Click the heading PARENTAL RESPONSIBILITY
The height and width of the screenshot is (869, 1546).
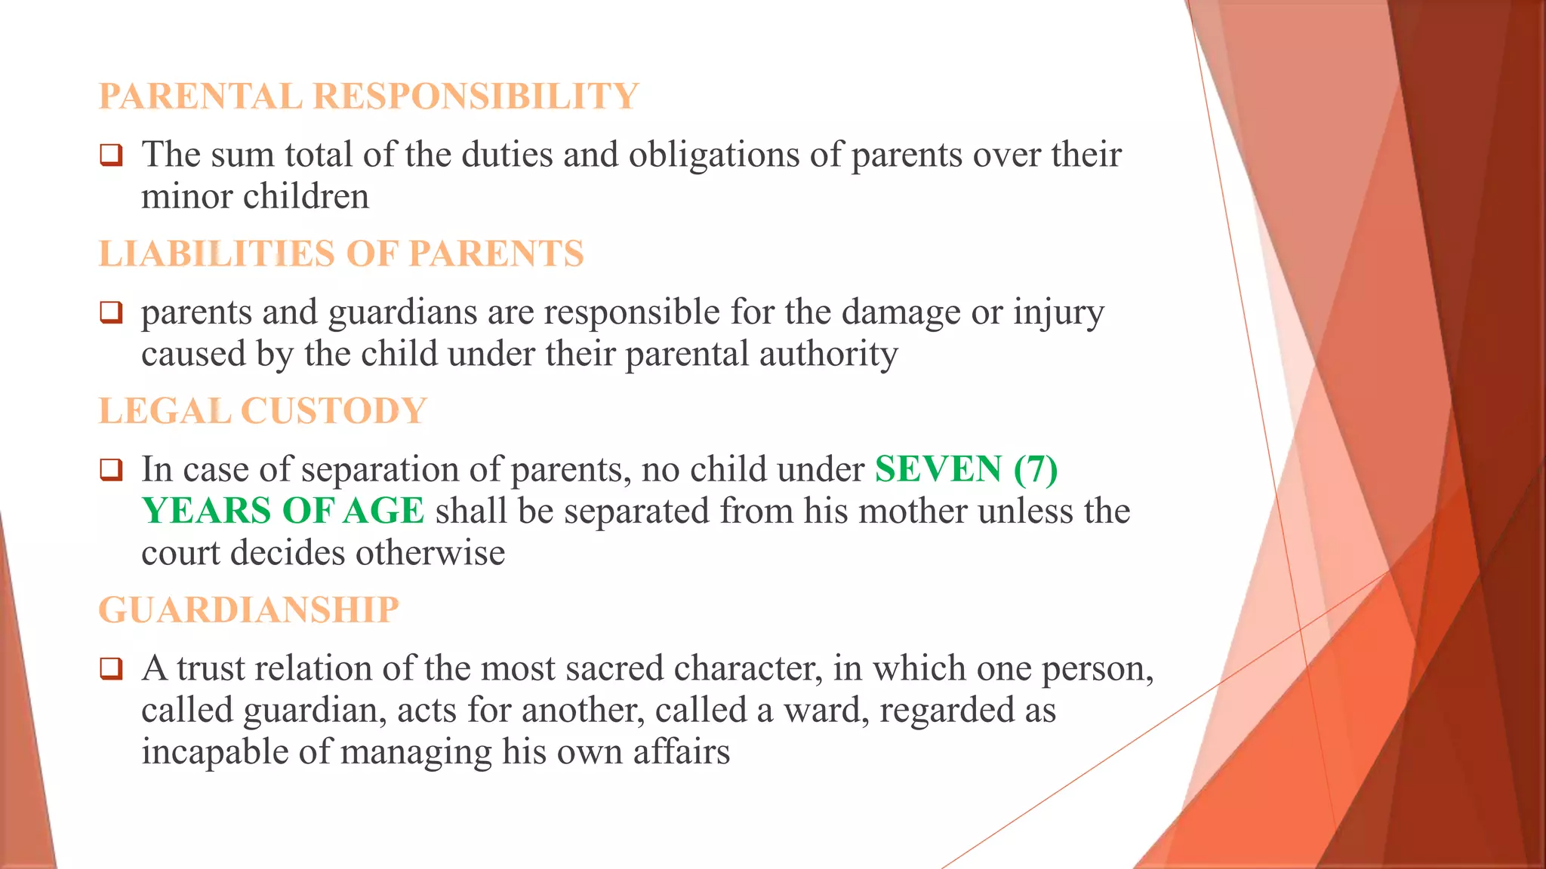368,97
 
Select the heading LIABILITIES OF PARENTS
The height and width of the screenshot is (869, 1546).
341,253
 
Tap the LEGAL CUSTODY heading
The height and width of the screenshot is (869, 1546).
263,411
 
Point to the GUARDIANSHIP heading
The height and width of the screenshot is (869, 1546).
248,610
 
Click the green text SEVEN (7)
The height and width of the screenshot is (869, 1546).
966,469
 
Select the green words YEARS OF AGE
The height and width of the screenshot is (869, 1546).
283,511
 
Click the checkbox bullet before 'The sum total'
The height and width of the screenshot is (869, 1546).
111,155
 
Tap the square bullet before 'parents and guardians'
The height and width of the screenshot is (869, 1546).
111,312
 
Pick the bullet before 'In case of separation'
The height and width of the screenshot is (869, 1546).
111,470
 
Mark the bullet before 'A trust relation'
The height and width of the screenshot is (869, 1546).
111,668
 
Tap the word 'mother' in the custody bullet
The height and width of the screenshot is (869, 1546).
913,511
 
